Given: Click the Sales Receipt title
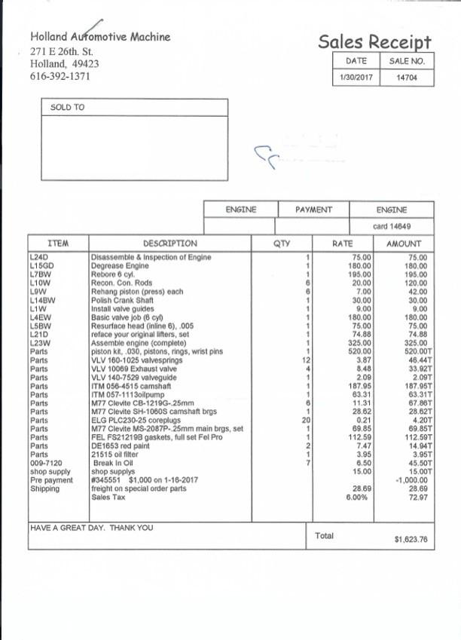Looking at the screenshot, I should (x=374, y=41).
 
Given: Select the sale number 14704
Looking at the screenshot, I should (x=408, y=78).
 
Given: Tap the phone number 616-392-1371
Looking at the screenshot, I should (x=60, y=76).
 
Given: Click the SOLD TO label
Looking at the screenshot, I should (x=68, y=108).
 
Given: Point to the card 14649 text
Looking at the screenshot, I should (x=392, y=225).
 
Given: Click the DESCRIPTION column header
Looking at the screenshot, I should (x=169, y=243).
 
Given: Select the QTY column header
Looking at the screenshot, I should (x=281, y=243).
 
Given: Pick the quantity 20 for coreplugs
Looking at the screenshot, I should (x=307, y=420).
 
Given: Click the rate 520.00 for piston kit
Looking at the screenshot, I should (x=362, y=351).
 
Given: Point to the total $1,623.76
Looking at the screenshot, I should (x=411, y=539).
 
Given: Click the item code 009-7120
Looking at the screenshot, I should (x=44, y=463).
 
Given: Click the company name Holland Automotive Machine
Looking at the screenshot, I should (x=100, y=36).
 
